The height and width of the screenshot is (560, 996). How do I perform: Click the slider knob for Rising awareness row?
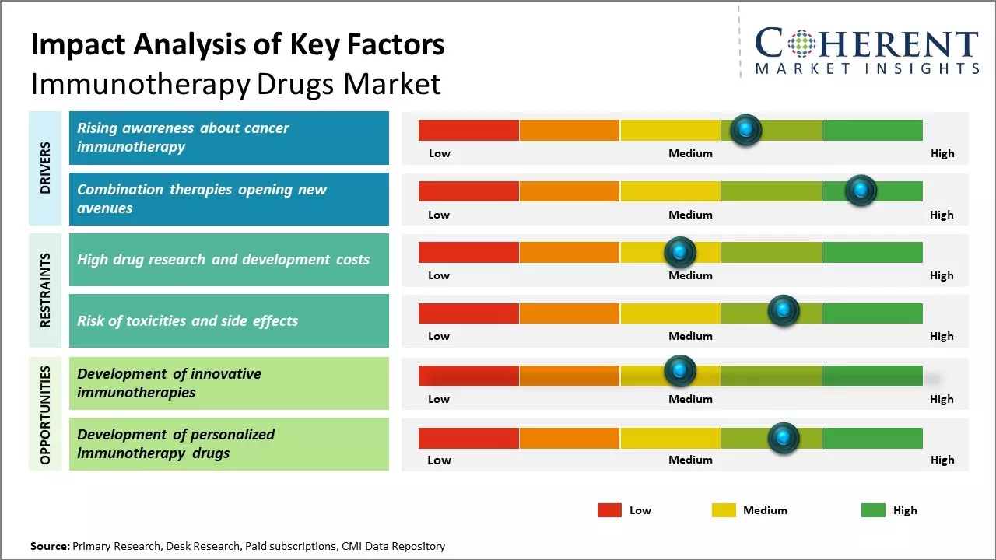tap(746, 130)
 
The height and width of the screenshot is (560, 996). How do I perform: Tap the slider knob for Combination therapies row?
tap(861, 191)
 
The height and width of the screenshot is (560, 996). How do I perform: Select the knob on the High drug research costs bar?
tap(679, 252)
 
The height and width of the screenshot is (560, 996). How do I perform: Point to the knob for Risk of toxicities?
tap(784, 311)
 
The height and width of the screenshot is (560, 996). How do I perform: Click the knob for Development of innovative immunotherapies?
tap(679, 370)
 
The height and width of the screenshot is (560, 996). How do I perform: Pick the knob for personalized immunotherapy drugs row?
tap(784, 438)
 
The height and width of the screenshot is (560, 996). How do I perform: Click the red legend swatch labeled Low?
tap(609, 510)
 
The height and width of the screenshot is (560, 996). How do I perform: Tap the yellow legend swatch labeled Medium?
tap(724, 510)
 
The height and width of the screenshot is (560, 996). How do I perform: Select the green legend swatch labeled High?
tap(873, 510)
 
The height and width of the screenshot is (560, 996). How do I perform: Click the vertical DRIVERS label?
tap(45, 168)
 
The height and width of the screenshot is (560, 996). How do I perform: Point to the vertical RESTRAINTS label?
tap(45, 290)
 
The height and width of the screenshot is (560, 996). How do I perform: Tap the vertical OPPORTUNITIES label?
tap(45, 415)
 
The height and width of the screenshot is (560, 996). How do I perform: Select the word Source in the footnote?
tap(49, 546)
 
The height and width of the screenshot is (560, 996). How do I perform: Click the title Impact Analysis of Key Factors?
tap(237, 44)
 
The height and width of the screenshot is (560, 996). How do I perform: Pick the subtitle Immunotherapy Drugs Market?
tap(236, 83)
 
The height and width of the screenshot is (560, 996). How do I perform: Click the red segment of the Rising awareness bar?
tap(468, 130)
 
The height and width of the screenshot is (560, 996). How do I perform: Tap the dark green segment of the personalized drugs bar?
tap(871, 438)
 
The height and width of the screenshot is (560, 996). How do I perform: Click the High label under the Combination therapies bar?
tap(942, 215)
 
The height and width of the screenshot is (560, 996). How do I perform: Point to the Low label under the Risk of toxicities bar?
tap(439, 336)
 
